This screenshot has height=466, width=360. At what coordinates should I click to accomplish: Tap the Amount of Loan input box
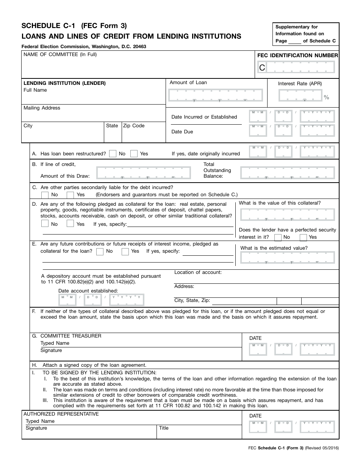pyautogui.click(x=215, y=96)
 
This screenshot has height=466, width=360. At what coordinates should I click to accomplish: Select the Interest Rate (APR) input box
pyautogui.click(x=300, y=96)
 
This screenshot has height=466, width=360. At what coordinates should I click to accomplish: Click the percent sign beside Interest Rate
pyautogui.click(x=326, y=97)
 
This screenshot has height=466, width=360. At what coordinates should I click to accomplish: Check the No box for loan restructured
pyautogui.click(x=113, y=153)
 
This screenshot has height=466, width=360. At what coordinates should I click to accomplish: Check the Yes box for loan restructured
pyautogui.click(x=134, y=153)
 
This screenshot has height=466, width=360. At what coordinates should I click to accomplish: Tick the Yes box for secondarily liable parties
pyautogui.click(x=70, y=195)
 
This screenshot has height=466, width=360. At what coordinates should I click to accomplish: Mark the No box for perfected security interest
pyautogui.click(x=278, y=237)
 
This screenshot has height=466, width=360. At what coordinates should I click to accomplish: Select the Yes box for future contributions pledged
pyautogui.click(x=125, y=252)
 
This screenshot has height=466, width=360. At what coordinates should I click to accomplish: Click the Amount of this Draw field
pyautogui.click(x=144, y=173)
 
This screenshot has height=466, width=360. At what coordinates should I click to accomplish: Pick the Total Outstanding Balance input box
pyautogui.click(x=288, y=173)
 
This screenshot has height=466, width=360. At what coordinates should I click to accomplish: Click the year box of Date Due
pyautogui.click(x=317, y=130)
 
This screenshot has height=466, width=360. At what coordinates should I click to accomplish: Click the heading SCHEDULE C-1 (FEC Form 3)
pyautogui.click(x=74, y=26)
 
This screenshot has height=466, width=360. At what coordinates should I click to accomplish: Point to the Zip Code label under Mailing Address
pyautogui.click(x=134, y=126)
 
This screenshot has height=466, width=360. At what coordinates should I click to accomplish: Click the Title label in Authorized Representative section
pyautogui.click(x=164, y=428)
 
